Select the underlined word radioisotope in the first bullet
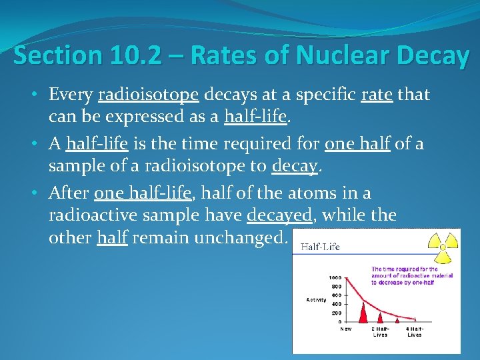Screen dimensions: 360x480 coord(148,96)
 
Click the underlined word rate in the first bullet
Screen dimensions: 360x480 coord(377,96)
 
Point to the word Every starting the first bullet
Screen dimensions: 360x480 coord(71,96)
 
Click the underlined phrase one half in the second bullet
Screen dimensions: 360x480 coord(353,145)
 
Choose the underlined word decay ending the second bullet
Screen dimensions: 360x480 coord(295,166)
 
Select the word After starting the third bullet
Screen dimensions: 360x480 coord(69,194)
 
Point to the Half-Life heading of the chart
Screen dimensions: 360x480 coord(320,247)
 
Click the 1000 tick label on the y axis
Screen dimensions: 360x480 coord(335,277)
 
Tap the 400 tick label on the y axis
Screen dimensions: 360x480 coord(336,304)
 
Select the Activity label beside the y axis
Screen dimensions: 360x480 coord(316,300)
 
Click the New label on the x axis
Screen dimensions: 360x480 coord(346,329)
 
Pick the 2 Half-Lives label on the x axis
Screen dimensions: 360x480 coord(380,331)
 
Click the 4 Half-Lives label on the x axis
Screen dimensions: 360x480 coord(414,331)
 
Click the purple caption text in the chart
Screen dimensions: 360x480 coord(411,275)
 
